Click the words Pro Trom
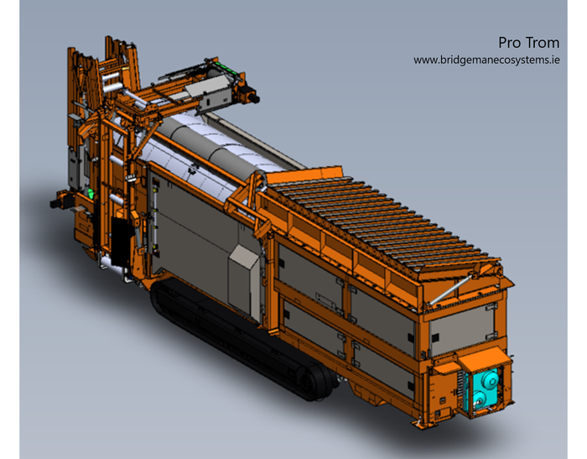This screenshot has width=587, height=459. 528,43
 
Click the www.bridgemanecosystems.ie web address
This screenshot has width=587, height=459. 486,60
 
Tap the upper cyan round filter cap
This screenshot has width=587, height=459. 489,379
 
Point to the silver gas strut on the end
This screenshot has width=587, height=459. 450,289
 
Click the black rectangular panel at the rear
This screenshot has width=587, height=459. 121,242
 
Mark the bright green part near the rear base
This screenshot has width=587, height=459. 91,193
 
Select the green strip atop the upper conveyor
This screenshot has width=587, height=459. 224,68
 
